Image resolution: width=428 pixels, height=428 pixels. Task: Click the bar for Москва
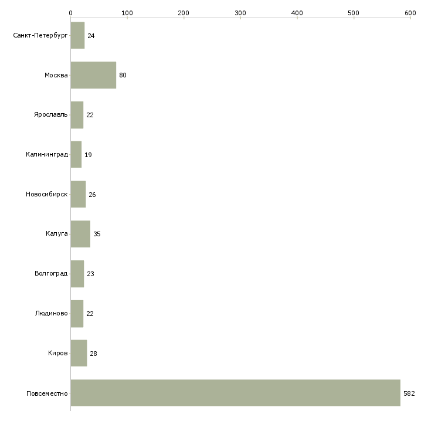93,75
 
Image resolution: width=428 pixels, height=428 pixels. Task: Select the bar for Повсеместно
236,393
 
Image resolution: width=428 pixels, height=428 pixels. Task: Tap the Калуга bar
80,234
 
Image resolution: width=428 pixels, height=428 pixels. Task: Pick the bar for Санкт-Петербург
77,35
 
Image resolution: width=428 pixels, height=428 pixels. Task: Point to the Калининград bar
76,155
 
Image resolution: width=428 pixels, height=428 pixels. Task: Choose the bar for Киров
79,353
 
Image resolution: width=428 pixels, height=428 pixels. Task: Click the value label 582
409,393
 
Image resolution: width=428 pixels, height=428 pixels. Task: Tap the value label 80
123,75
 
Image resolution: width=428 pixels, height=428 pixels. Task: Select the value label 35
97,234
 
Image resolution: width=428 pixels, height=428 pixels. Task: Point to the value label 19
88,155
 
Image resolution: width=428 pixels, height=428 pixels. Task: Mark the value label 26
92,195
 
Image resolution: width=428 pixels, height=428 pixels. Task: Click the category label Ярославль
51,114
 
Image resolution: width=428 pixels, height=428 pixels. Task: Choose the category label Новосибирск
47,194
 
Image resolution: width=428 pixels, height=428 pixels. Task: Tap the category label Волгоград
51,273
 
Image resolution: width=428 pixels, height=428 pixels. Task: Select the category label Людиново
52,313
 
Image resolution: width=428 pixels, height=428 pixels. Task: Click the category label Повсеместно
47,393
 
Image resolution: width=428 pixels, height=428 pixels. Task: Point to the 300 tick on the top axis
240,18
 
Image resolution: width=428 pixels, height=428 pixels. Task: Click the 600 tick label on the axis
410,13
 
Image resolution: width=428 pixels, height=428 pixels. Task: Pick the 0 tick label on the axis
71,13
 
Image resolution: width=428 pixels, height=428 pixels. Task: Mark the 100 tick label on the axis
127,13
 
